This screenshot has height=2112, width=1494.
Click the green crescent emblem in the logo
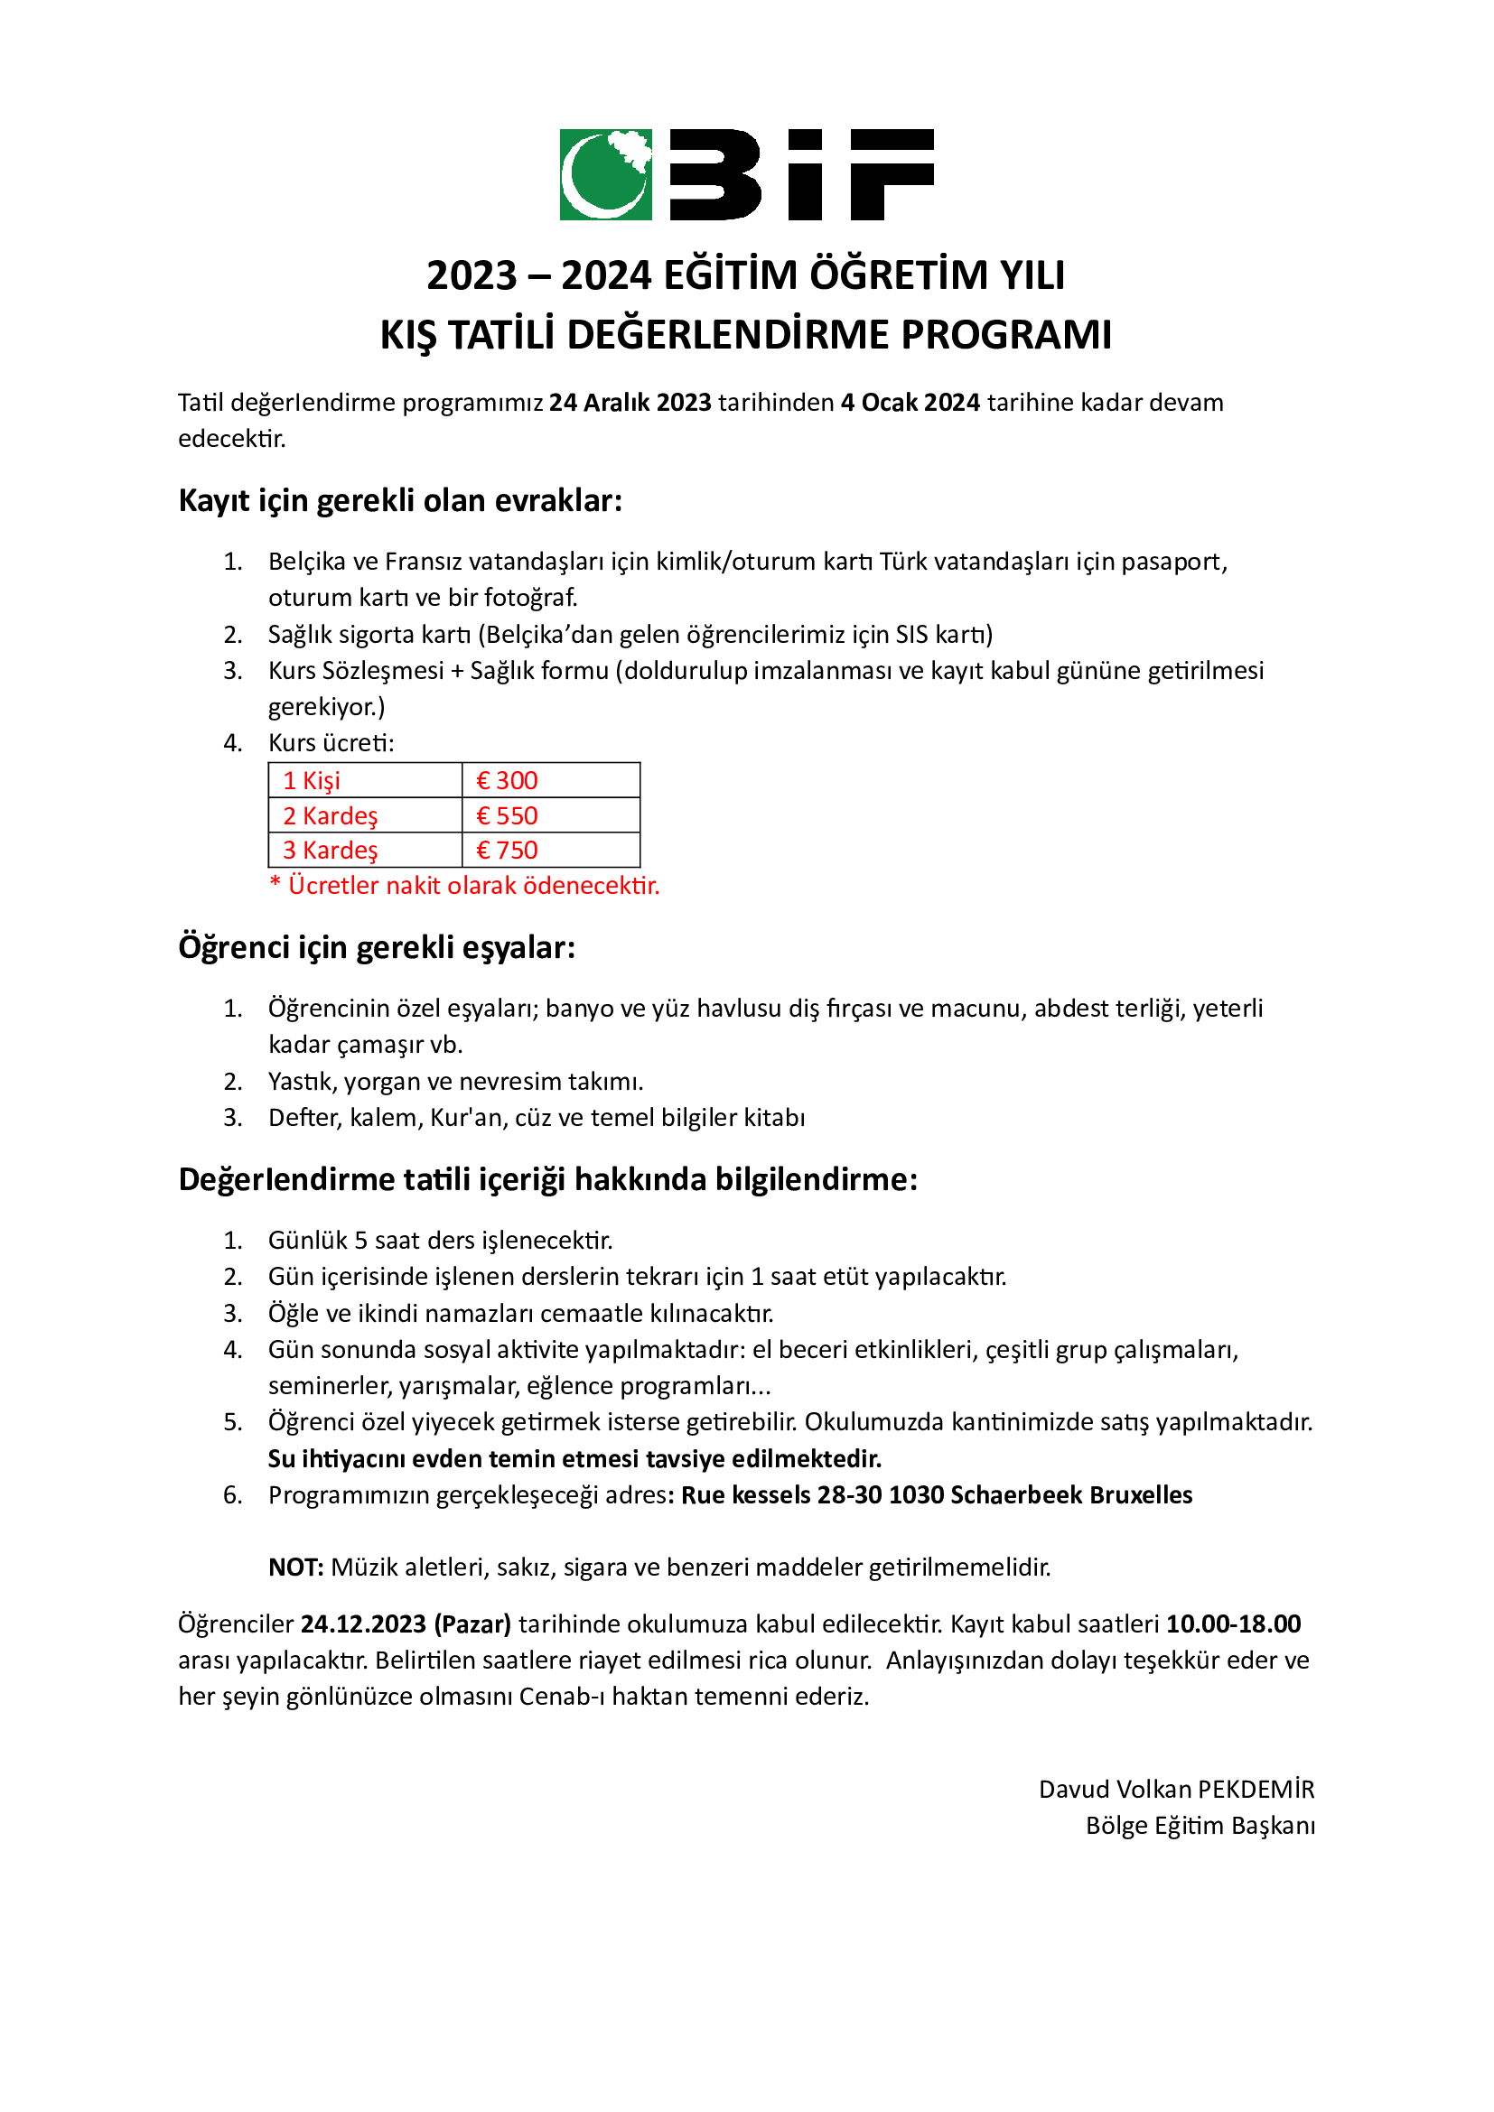click(605, 175)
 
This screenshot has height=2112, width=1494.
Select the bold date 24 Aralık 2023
click(630, 403)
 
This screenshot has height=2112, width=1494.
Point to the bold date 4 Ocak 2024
click(910, 403)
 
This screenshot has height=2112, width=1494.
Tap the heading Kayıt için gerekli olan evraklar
click(400, 500)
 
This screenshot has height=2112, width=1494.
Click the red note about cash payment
click(464, 885)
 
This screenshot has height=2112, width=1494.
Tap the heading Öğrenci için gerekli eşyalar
click(377, 946)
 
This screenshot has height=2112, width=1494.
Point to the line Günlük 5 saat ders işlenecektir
click(440, 1240)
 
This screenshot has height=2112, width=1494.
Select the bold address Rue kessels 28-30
click(782, 1494)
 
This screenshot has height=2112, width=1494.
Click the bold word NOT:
click(296, 1568)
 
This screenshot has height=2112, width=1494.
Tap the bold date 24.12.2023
click(363, 1624)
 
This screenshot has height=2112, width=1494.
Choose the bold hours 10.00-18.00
click(1234, 1624)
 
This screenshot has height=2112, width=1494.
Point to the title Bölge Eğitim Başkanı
click(1200, 1825)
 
